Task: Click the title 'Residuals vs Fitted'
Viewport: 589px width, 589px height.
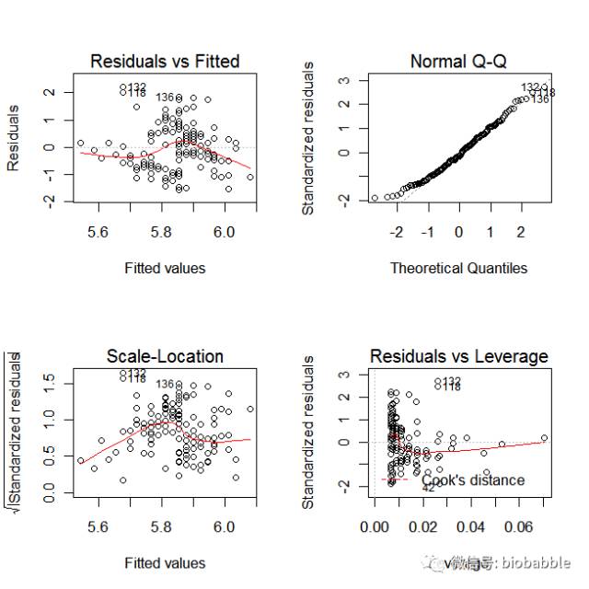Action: pos(165,62)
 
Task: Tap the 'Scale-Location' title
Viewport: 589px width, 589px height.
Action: pos(165,356)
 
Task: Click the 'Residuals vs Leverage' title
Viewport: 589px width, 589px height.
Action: pos(458,356)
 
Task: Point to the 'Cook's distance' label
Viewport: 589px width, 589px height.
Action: pos(473,480)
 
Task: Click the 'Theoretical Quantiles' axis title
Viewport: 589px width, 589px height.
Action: pos(458,269)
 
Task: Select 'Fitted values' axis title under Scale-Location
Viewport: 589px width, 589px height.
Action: pos(165,562)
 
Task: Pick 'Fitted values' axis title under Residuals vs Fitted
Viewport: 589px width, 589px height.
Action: pos(165,269)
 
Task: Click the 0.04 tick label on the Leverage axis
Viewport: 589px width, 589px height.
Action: pos(472,527)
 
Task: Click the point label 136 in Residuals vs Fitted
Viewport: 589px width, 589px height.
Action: pos(166,98)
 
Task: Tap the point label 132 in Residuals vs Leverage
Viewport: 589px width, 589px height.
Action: pos(452,381)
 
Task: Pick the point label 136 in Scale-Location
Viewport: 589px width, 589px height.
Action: pos(166,384)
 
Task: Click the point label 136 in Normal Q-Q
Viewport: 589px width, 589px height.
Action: pos(540,99)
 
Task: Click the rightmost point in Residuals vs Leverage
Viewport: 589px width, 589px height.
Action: pos(544,438)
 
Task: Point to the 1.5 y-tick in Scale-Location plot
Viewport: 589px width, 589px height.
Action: pos(49,377)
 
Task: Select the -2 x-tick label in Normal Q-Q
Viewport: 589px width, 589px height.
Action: pos(397,233)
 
